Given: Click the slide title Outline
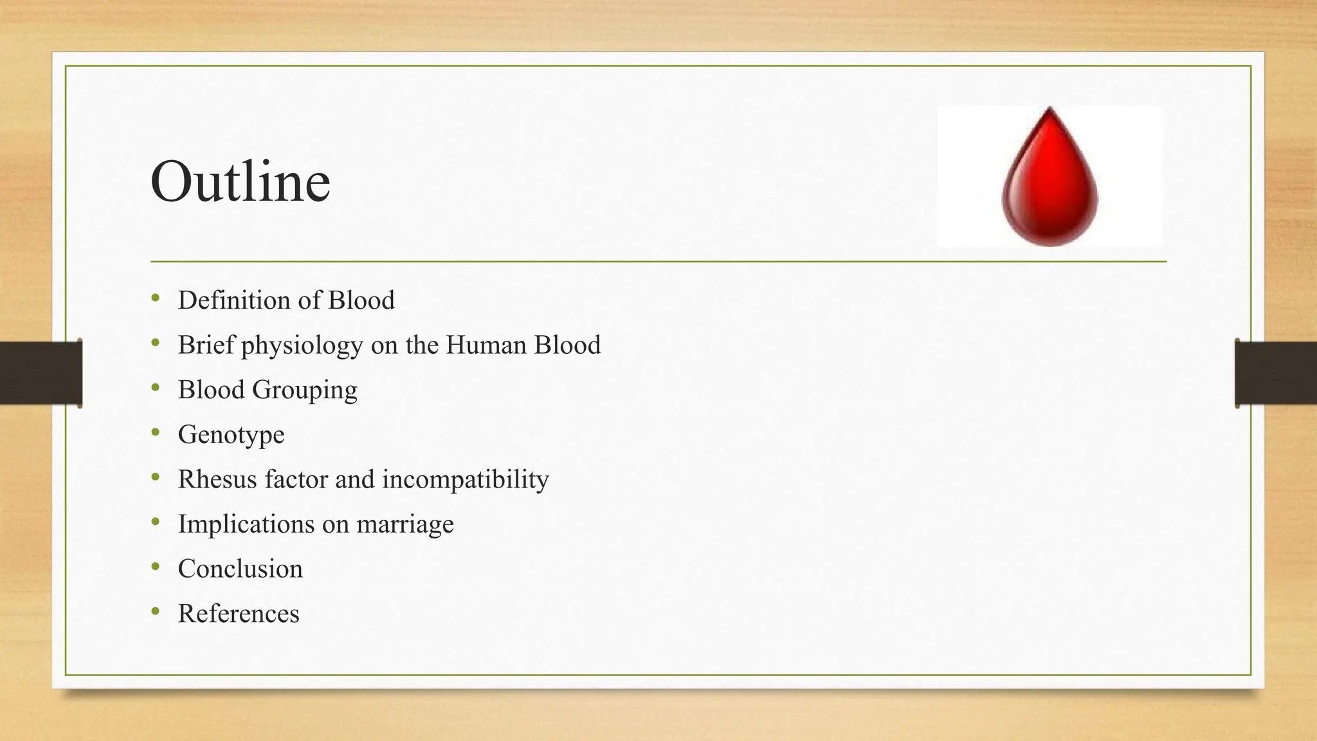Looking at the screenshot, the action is pos(241,181).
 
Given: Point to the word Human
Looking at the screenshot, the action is pos(486,345).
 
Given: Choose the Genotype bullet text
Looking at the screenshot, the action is pos(231,435).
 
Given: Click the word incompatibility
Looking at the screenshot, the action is pos(466,480).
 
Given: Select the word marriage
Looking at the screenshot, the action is pos(405,525).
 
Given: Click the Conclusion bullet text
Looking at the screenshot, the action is pos(240,569).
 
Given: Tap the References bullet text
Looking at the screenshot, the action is pos(239,614).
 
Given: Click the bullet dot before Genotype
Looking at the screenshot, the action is pos(156,433).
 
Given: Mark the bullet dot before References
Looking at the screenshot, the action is pos(156,612).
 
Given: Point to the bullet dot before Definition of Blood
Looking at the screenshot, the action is pos(156,298).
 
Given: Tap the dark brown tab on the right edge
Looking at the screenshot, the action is pos(1276,373).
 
